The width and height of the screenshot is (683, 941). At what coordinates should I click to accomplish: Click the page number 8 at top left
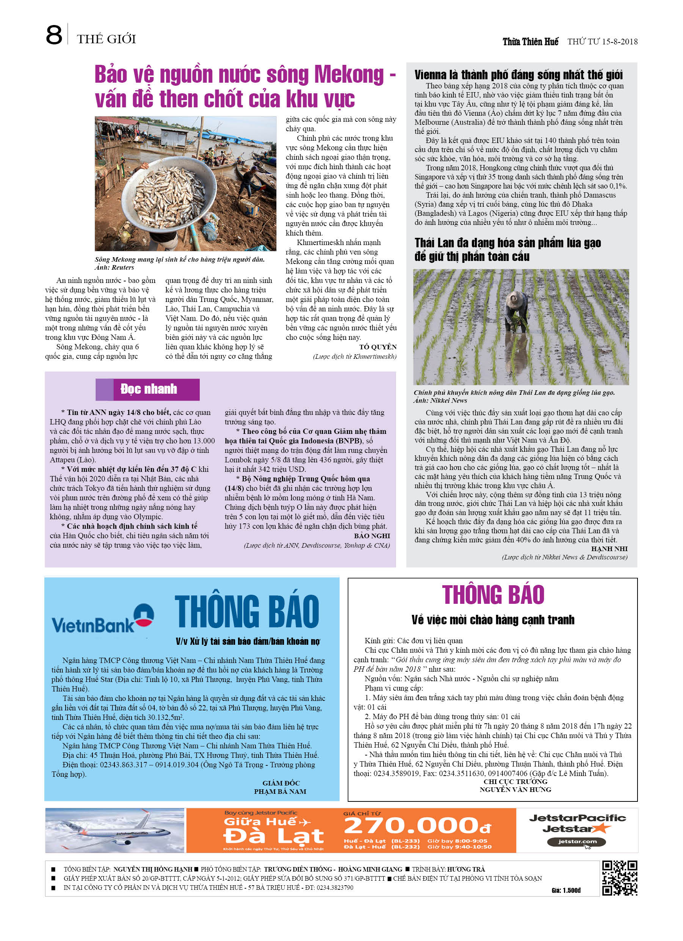pos(54,35)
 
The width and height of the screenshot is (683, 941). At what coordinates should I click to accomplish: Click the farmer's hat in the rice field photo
pos(516,297)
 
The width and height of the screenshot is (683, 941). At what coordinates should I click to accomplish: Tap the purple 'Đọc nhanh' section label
pos(148,389)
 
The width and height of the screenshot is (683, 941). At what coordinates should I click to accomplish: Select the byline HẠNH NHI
pos(609,548)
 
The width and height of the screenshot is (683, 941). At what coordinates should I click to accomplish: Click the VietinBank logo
pos(102,619)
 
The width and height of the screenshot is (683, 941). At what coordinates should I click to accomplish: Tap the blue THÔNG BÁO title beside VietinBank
pos(247,611)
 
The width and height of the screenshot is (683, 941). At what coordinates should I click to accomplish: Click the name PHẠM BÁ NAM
pos(280,791)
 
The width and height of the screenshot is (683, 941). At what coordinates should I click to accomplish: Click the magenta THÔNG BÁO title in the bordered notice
pos(493,595)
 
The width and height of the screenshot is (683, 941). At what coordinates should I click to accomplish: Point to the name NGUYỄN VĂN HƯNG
pos(515,789)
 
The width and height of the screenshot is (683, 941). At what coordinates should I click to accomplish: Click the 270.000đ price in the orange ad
pos(417,826)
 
